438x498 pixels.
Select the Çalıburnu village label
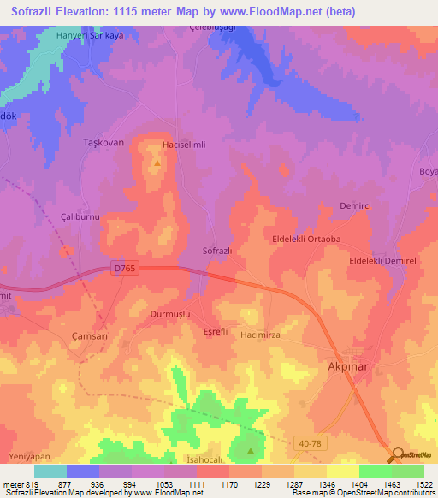click(80, 217)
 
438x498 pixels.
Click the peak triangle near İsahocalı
click(251, 449)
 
